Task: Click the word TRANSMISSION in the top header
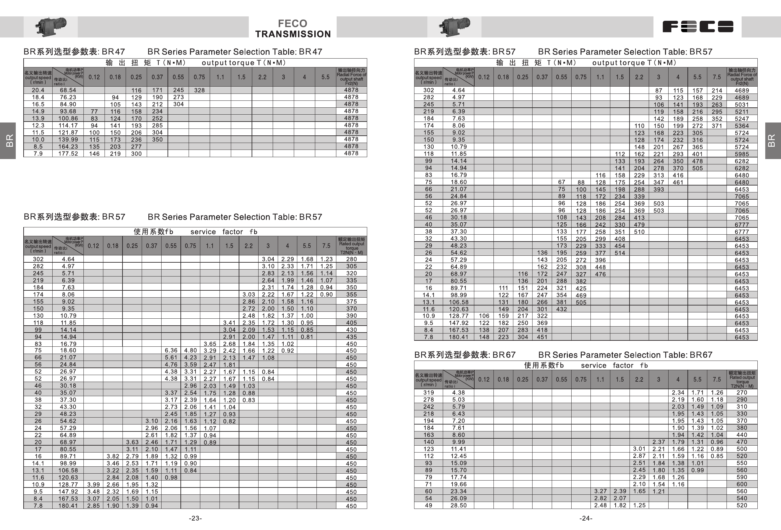[293, 34]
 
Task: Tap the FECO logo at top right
[697, 26]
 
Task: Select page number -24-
[585, 518]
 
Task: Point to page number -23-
[195, 518]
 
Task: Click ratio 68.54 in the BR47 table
[68, 90]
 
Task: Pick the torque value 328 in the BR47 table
[199, 90]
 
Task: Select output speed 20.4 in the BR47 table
[38, 90]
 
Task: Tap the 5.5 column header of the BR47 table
[325, 77]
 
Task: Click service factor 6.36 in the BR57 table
[171, 350]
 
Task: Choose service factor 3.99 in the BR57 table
[94, 484]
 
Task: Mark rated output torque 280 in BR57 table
[351, 259]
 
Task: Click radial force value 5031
[741, 105]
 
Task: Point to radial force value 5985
[741, 154]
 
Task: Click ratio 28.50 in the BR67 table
[459, 505]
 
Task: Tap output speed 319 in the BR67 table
[429, 392]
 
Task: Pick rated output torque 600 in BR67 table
[741, 484]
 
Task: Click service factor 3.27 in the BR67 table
[600, 491]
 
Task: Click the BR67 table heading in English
[625, 355]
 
